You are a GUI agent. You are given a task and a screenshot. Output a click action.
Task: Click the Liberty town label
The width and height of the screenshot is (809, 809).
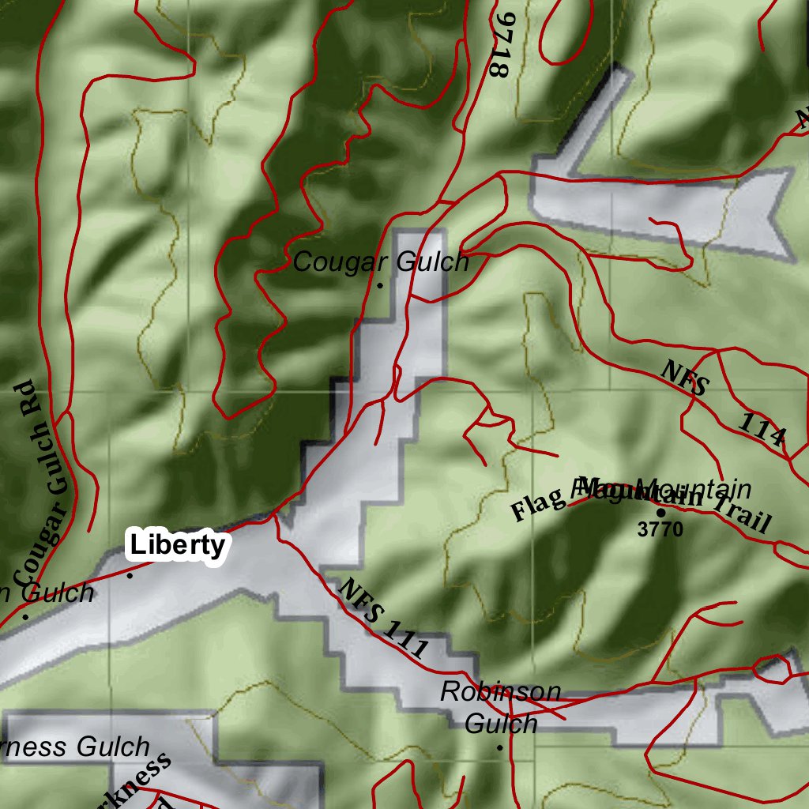pyautogui.click(x=178, y=546)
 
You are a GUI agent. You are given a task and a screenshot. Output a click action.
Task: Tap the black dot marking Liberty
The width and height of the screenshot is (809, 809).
pyautogui.click(x=130, y=575)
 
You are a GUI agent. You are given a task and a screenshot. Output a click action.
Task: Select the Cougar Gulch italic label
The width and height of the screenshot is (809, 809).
pyautogui.click(x=381, y=262)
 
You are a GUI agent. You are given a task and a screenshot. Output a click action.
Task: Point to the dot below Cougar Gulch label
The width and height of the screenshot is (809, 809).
pyautogui.click(x=380, y=285)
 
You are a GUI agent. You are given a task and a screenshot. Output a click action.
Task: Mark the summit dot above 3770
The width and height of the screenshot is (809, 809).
pyautogui.click(x=660, y=512)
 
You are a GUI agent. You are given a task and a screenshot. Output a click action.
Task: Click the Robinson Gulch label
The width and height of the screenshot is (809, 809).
pyautogui.click(x=501, y=707)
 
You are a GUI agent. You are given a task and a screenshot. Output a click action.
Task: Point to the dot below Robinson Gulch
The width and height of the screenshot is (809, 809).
pyautogui.click(x=499, y=747)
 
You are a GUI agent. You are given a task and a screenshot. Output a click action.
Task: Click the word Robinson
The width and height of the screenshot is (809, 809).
pyautogui.click(x=501, y=692)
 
